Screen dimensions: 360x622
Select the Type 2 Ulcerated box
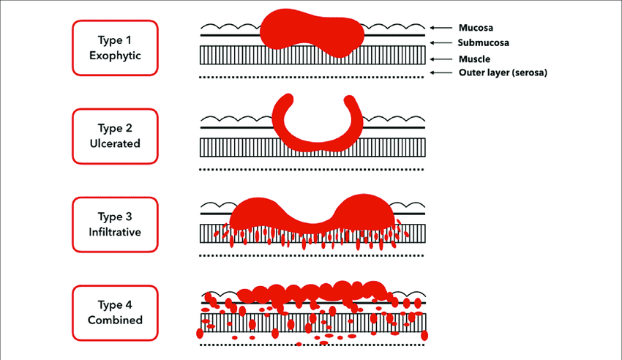click(115, 136)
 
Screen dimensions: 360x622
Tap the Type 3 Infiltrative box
click(115, 225)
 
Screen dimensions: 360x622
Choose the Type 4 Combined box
click(115, 312)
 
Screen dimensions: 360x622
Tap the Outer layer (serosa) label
click(503, 72)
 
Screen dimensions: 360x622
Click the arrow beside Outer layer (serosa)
click(441, 72)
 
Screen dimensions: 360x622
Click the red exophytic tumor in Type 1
click(311, 33)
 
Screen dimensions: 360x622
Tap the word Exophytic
click(115, 55)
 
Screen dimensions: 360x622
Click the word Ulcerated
click(115, 144)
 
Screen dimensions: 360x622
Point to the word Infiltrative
click(115, 233)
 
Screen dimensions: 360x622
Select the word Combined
click(115, 320)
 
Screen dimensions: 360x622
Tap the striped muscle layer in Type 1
click(234, 56)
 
